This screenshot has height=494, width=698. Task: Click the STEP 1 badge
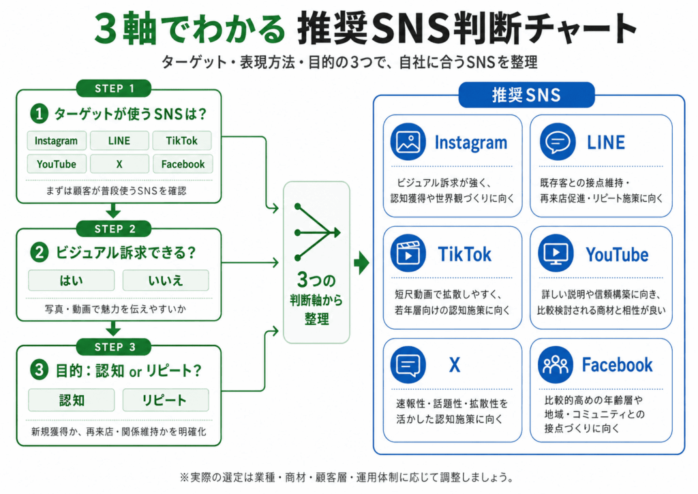pyautogui.click(x=114, y=89)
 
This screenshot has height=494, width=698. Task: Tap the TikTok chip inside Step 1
pyautogui.click(x=181, y=141)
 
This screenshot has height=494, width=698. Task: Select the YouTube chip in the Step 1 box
pyautogui.click(x=56, y=164)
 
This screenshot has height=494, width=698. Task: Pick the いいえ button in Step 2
pyautogui.click(x=165, y=280)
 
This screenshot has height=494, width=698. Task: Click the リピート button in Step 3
pyautogui.click(x=165, y=400)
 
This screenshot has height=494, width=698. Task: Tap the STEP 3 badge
pyautogui.click(x=114, y=348)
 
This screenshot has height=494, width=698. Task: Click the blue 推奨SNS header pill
pyautogui.click(x=526, y=95)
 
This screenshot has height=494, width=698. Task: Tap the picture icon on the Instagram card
pyautogui.click(x=408, y=142)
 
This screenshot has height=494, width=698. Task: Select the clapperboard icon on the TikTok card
pyautogui.click(x=408, y=254)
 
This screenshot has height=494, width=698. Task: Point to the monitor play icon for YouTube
pyautogui.click(x=556, y=254)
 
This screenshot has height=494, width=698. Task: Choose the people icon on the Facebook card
pyautogui.click(x=556, y=365)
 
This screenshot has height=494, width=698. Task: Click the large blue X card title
pyautogui.click(x=455, y=365)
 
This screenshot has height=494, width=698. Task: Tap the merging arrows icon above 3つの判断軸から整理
pyautogui.click(x=316, y=232)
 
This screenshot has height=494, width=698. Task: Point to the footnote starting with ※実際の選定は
pyautogui.click(x=348, y=476)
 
